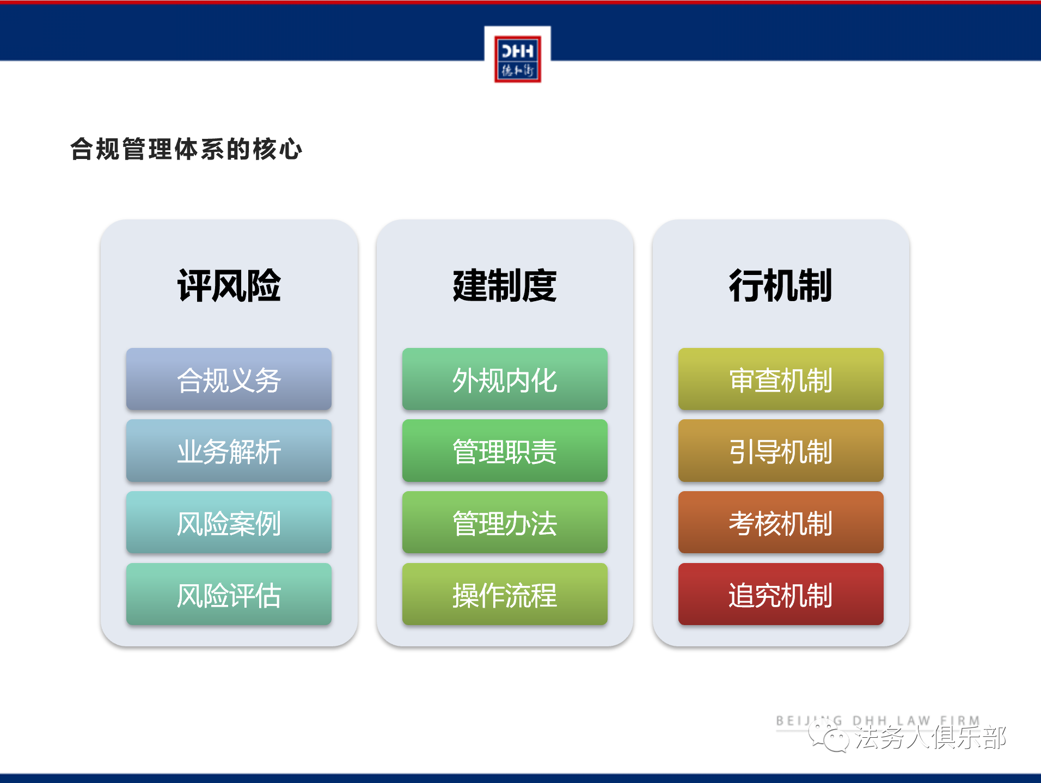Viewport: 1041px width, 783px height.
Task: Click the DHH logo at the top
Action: (518, 59)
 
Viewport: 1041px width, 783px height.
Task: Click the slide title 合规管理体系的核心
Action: (186, 149)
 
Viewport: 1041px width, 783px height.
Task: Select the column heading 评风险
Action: (229, 285)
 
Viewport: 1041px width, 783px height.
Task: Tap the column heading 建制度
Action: (505, 285)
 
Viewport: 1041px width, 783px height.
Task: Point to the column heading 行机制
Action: (781, 285)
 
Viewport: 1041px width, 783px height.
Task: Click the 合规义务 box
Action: (229, 379)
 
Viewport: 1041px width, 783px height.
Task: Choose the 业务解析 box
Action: (229, 451)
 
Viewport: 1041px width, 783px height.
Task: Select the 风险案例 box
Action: (229, 523)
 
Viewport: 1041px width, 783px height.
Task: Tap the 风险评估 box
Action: (229, 594)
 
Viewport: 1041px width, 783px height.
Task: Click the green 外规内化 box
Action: (505, 379)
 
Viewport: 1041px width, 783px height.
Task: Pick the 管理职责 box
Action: (505, 451)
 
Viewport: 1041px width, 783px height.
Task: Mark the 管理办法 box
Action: (505, 523)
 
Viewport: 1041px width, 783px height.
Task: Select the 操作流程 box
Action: (505, 594)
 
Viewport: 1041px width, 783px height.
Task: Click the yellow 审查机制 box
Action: (781, 379)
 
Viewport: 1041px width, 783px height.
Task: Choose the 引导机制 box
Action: (781, 451)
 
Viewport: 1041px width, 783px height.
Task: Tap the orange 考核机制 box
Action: (781, 523)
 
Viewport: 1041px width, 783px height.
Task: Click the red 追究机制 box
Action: (781, 594)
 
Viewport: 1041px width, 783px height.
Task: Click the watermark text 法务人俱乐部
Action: (930, 738)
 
